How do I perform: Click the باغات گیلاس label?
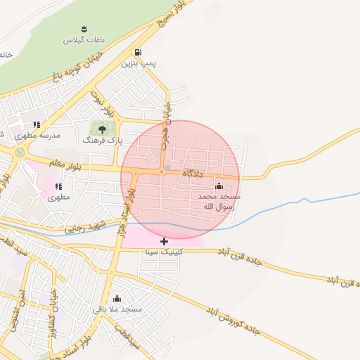coord(84,41)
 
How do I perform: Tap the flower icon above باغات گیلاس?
coord(84,29)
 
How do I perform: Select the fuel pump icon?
coord(138,52)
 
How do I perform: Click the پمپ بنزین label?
coord(139,63)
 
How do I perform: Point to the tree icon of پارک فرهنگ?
coord(103,129)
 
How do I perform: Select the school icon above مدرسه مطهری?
coord(37,124)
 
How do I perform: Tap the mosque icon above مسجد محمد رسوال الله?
coord(219,186)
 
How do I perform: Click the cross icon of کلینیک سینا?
coord(165,241)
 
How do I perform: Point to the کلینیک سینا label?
coord(165,252)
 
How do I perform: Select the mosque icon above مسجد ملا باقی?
coord(117,297)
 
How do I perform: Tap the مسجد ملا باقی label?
coord(117,309)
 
